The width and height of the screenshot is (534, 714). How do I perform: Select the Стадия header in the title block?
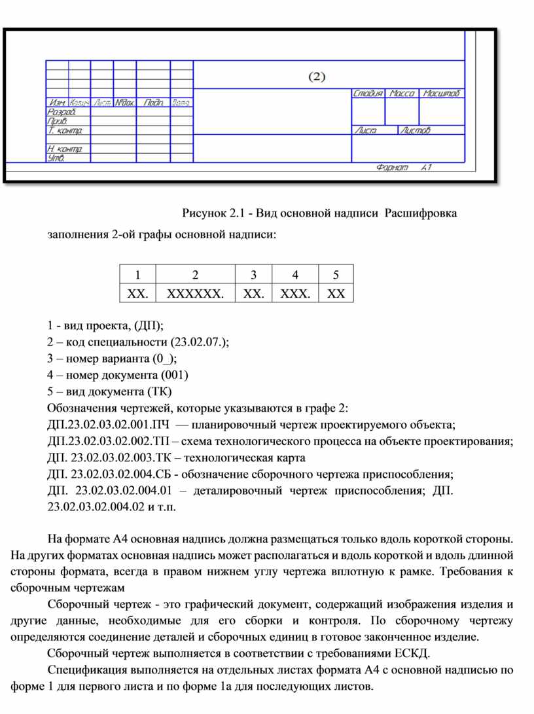coord(368,94)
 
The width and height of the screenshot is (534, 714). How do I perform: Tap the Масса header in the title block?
coord(402,94)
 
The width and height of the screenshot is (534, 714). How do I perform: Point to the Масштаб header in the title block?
coord(442,94)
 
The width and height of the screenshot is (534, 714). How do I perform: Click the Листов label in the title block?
coord(416,130)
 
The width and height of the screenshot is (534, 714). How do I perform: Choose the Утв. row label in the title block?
coord(56,158)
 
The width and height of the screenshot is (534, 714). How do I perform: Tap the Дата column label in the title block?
coord(181,103)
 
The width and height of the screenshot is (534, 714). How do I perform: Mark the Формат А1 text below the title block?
coord(404,168)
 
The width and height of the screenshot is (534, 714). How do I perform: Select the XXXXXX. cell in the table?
coord(194,293)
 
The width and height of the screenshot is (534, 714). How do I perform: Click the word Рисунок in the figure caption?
coord(204,214)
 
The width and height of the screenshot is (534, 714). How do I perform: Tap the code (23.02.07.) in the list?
coord(200,342)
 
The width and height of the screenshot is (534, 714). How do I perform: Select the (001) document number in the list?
coord(174,375)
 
